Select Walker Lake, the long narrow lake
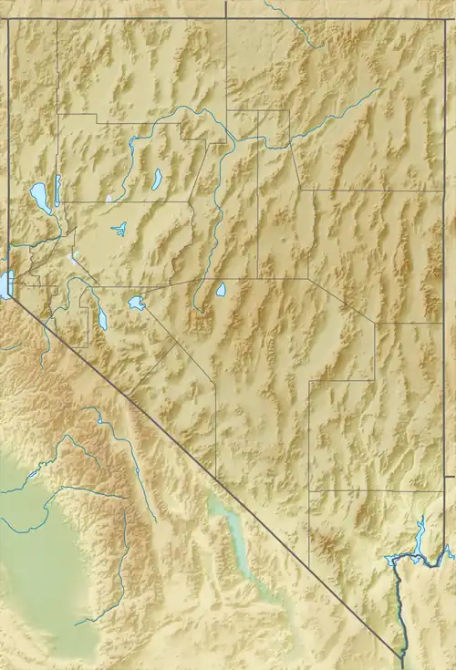(101, 318)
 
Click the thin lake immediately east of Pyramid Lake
(57, 189)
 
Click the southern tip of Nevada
(402, 655)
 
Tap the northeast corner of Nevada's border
(444, 19)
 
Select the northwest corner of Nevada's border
(9, 19)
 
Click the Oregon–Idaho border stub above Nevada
(226, 8)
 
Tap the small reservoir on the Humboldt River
(157, 178)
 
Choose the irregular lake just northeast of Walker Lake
(137, 303)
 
